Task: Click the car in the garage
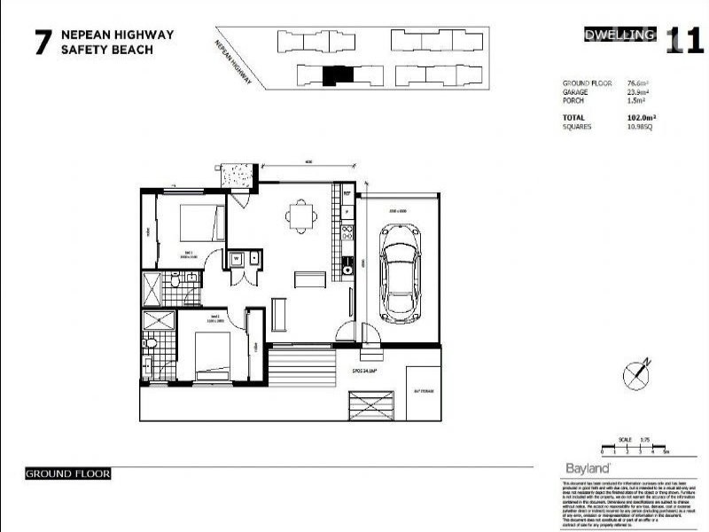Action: click(x=401, y=276)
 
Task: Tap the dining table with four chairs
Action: click(x=301, y=215)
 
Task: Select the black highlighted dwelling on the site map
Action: click(x=336, y=76)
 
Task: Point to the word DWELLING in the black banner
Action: click(x=620, y=35)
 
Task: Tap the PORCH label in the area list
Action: click(x=574, y=101)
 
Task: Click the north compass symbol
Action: click(x=637, y=375)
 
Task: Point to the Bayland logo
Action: click(x=586, y=468)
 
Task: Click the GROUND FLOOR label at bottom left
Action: click(x=68, y=473)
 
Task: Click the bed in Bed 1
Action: click(x=200, y=221)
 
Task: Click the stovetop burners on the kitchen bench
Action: click(x=347, y=234)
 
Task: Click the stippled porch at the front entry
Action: click(x=238, y=175)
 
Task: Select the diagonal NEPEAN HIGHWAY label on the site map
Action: click(x=233, y=59)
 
